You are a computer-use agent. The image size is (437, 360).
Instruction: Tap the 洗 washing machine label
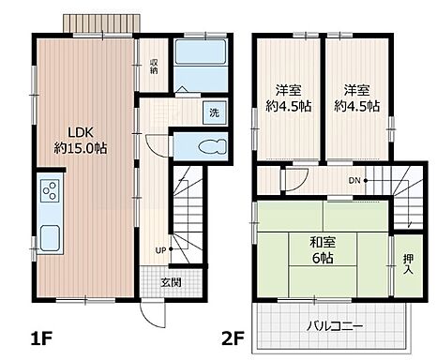tap(214, 112)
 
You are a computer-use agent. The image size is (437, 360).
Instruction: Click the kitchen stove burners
tap(49, 195)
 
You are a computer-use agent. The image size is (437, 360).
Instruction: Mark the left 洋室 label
tap(287, 90)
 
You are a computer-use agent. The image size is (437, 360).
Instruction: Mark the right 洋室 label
tap(355, 90)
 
